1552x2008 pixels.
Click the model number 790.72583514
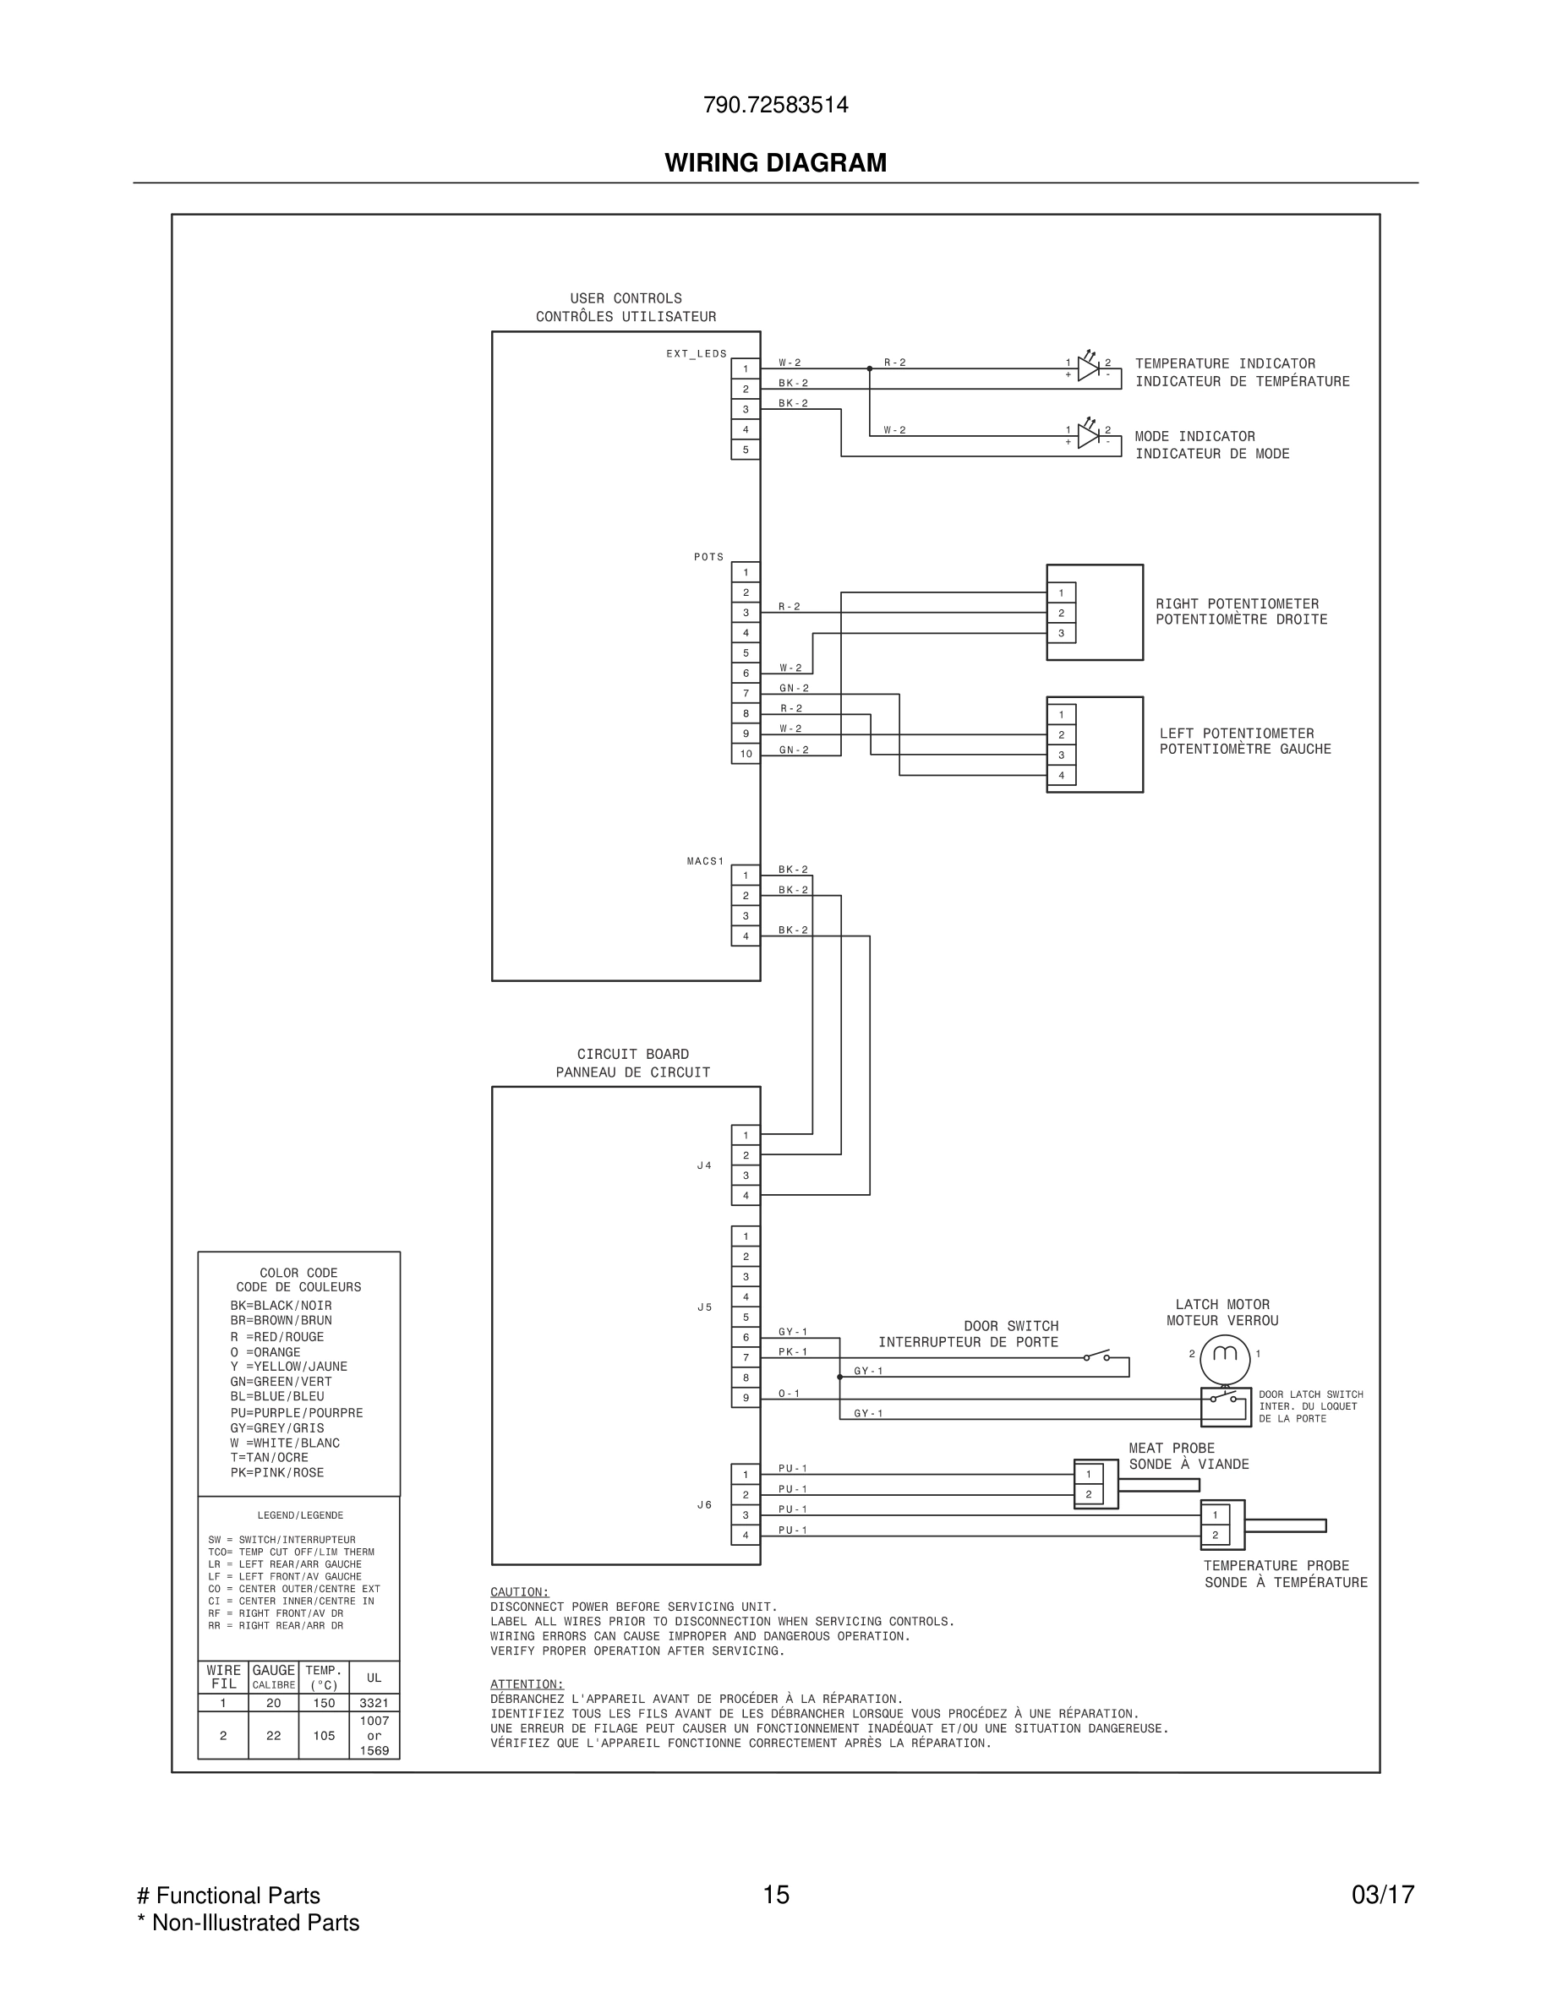775,105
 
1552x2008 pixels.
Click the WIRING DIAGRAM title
775,163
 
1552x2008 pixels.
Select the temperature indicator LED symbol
1089,368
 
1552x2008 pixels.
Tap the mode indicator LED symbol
1089,436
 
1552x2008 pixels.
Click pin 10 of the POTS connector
746,754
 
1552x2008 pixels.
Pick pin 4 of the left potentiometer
1061,775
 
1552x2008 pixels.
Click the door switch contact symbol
1096,1356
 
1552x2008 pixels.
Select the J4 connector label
704,1165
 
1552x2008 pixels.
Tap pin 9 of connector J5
746,1399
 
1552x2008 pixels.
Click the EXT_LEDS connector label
696,354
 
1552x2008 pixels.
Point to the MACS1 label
705,861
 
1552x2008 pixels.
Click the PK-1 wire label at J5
793,1351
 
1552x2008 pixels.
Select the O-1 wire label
789,1394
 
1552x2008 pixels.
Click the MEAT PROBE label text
1172,1448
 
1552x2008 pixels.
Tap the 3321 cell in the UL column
374,1703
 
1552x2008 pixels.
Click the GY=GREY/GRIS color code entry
276,1428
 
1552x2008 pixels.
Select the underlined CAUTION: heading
520,1591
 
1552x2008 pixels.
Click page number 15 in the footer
775,1895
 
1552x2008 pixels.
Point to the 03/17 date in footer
1382,1895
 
